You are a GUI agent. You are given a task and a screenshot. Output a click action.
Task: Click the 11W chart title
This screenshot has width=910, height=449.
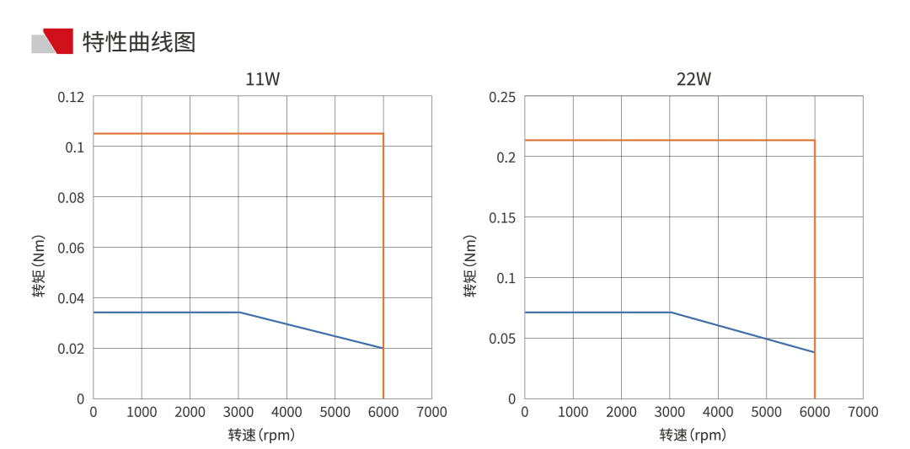(262, 80)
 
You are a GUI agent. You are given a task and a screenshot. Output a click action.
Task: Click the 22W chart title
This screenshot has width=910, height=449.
(693, 80)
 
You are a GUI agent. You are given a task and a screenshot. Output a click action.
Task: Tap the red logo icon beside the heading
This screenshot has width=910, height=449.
(57, 40)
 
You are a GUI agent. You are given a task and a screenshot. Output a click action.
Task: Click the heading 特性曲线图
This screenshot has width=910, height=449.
(139, 41)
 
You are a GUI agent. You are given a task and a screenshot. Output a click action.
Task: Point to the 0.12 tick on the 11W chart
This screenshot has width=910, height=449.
(71, 97)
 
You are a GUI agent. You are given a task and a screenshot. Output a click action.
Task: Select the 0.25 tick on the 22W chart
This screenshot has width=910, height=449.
(502, 97)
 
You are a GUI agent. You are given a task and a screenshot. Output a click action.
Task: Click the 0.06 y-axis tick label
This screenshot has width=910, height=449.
(71, 248)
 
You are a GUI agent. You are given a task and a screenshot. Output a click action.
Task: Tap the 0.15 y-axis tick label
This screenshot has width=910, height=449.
(502, 217)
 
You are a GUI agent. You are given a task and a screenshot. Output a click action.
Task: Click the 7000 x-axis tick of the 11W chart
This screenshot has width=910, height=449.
(431, 412)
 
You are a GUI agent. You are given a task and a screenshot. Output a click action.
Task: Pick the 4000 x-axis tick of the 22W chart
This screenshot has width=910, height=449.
(718, 412)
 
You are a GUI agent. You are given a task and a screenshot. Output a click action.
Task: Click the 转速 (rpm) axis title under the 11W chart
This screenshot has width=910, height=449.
(262, 436)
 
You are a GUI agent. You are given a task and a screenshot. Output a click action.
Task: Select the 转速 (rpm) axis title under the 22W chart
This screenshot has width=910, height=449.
(693, 436)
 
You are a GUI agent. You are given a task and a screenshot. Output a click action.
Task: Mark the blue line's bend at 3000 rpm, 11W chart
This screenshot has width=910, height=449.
(239, 313)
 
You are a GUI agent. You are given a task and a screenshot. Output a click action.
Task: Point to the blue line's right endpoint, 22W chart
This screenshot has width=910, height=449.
(815, 352)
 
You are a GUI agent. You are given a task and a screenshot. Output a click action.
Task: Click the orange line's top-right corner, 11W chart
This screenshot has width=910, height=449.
(383, 134)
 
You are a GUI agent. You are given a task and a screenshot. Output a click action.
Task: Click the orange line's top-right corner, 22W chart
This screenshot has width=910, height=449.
(815, 140)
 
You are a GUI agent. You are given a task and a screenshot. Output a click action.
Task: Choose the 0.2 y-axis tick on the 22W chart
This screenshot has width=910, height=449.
(506, 158)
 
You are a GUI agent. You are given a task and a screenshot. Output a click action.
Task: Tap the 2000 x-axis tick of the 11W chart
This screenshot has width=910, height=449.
(190, 412)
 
